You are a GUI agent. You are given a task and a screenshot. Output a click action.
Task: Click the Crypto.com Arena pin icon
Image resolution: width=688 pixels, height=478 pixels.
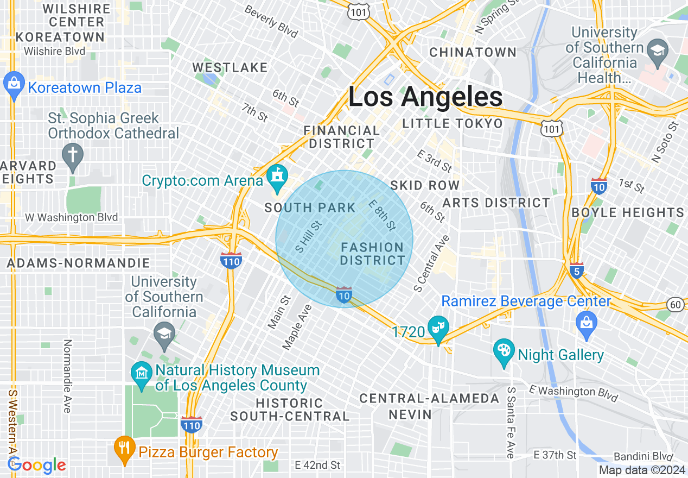tap(278, 177)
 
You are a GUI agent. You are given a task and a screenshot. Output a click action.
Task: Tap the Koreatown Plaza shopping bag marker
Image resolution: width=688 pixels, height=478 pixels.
tap(13, 84)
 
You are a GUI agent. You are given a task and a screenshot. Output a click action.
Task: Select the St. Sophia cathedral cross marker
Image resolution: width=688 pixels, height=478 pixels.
tap(72, 155)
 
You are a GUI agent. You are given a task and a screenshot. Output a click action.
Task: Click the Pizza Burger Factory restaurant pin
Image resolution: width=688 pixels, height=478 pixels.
tap(125, 449)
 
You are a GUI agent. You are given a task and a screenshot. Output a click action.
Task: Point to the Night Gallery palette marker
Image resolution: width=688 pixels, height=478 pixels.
tap(504, 351)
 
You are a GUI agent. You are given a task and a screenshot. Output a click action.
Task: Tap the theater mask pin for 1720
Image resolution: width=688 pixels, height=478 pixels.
tap(437, 328)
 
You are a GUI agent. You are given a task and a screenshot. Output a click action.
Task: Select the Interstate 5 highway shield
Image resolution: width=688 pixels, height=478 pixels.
tap(576, 270)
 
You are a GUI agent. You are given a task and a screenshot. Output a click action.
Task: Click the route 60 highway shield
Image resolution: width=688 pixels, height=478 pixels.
tap(676, 305)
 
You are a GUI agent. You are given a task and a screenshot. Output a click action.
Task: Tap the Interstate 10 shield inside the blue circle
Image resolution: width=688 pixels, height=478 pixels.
tap(344, 294)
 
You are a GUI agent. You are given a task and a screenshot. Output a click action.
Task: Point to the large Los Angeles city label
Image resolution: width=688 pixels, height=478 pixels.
tap(425, 97)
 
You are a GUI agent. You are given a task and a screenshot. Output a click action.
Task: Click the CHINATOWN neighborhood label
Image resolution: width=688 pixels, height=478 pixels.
tap(473, 52)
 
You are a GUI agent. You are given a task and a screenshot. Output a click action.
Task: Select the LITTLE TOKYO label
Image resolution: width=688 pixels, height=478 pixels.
tap(453, 123)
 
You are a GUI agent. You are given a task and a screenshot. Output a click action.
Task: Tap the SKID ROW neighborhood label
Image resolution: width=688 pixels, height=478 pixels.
tap(425, 185)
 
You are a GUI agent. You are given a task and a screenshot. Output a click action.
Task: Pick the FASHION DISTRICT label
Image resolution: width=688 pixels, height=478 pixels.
tap(373, 254)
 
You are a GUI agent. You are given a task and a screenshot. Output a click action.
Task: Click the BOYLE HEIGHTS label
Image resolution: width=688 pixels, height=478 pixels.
tap(628, 212)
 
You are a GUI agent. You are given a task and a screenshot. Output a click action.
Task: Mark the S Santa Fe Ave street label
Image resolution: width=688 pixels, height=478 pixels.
tap(511, 423)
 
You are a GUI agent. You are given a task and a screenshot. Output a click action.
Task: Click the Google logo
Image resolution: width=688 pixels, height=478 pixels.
tap(37, 466)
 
